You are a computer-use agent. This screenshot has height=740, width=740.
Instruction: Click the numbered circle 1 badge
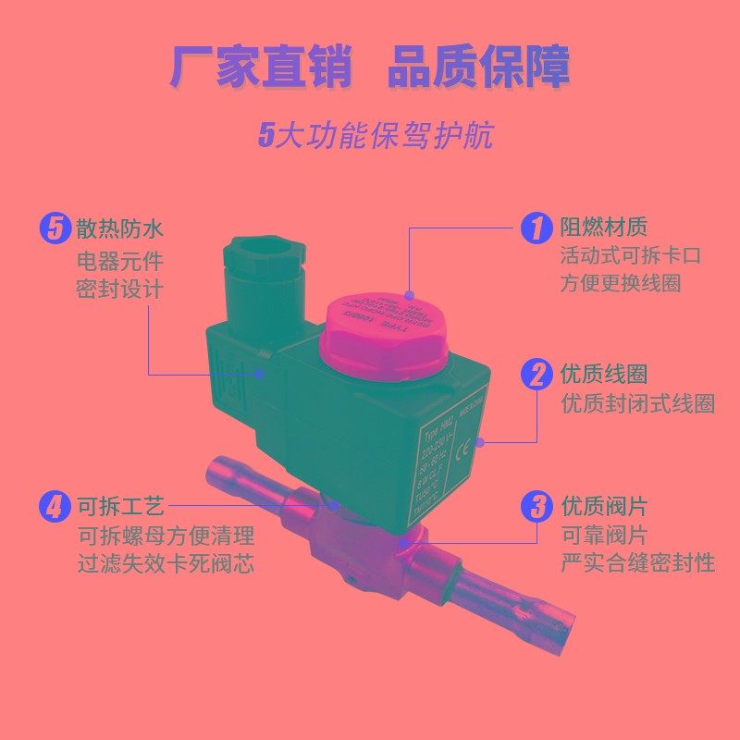tap(536, 228)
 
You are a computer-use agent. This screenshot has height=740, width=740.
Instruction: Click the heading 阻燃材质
tap(603, 227)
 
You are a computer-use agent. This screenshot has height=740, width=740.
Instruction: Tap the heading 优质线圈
tap(603, 375)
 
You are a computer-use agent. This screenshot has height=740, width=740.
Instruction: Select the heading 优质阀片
tap(603, 507)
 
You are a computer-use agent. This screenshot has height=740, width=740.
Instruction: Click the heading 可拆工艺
tap(119, 507)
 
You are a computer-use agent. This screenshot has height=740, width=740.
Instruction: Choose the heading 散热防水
tap(119, 228)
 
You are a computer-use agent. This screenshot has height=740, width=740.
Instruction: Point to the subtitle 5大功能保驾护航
tap(375, 135)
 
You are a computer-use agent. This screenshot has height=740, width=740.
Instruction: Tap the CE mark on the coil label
tap(467, 441)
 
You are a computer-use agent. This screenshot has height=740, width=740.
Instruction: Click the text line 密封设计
tap(119, 289)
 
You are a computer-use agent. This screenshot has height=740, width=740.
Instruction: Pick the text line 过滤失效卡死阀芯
tap(166, 563)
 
